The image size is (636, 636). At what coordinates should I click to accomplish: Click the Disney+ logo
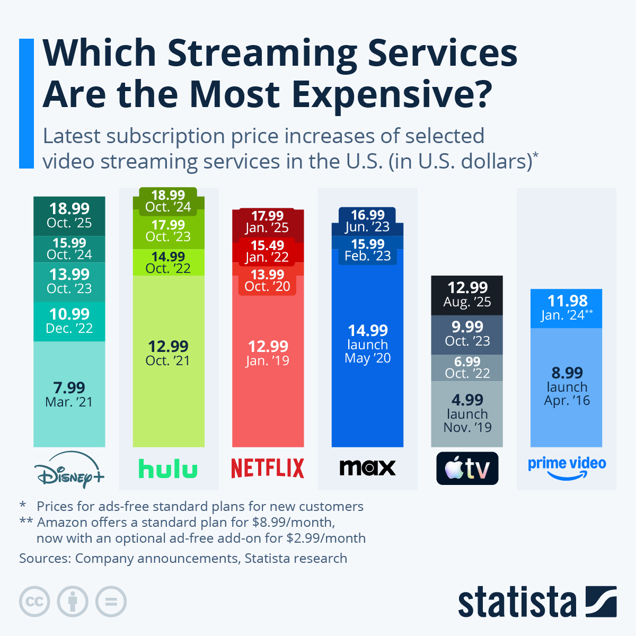(x=69, y=470)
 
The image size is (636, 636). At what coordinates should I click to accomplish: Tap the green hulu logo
(x=168, y=469)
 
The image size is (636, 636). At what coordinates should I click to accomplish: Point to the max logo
(x=367, y=467)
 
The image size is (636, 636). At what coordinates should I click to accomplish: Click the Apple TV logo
(x=467, y=469)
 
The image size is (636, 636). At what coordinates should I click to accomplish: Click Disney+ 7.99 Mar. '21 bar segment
(x=69, y=394)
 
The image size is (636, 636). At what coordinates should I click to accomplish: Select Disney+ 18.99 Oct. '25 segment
(x=69, y=216)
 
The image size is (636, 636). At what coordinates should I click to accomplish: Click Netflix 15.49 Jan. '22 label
(x=268, y=251)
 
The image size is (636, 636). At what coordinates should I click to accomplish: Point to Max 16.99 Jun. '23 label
(x=367, y=220)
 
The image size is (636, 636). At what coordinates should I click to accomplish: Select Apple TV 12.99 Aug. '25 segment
(x=467, y=295)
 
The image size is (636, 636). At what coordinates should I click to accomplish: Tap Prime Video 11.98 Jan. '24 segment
(x=567, y=308)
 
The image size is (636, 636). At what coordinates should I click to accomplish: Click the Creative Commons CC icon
(x=34, y=602)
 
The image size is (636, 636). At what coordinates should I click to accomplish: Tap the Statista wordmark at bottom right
(x=517, y=603)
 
